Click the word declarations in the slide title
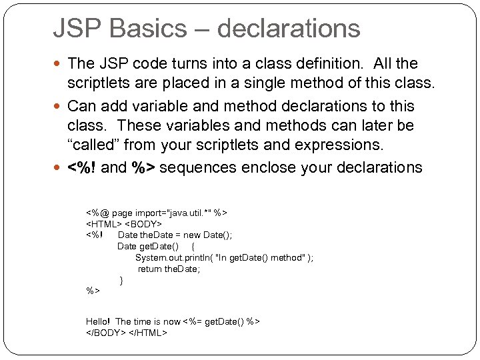coord(289,29)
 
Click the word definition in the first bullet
coord(331,64)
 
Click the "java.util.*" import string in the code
coord(187,212)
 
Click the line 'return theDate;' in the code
coord(169,269)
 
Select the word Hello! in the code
coord(99,321)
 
